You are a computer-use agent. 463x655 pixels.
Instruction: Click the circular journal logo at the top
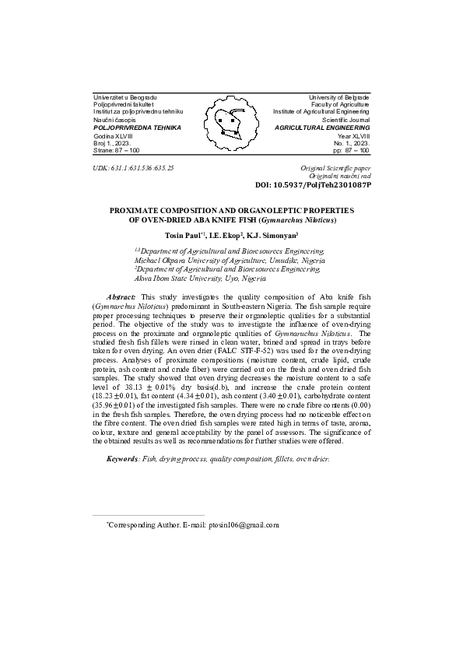point(230,124)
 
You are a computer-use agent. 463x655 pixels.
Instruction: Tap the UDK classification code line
point(132,167)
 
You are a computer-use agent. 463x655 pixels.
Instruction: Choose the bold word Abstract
point(121,298)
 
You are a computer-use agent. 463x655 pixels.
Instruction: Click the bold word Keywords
point(123,458)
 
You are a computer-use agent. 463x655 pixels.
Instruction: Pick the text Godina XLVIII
point(113,135)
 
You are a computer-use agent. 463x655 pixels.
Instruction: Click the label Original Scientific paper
point(335,168)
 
